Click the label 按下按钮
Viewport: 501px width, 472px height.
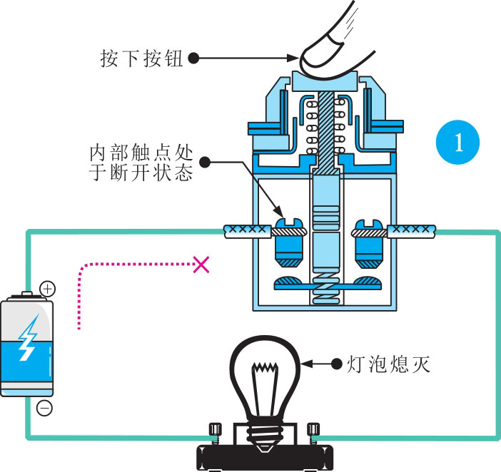coord(142,58)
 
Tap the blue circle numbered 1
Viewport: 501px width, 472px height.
coord(457,143)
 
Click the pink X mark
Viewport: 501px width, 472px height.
coord(201,265)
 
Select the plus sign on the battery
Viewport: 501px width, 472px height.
coord(47,289)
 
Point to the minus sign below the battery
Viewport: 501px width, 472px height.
coord(44,409)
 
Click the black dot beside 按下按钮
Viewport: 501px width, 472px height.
coord(193,58)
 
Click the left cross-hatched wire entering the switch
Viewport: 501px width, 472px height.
coord(247,231)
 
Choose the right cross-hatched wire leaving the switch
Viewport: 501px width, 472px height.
coord(411,230)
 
